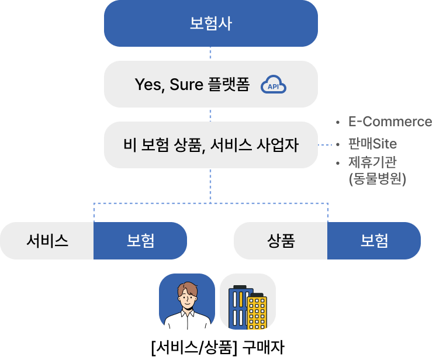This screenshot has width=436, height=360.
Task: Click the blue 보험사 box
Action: [211, 23]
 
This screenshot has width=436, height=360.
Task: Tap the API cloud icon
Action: [274, 84]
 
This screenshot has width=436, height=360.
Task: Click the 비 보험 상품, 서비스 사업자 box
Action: [211, 145]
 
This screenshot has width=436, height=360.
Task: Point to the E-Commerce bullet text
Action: [390, 122]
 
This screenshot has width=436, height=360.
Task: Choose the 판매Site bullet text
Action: [373, 144]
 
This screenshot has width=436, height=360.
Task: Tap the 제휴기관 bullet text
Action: [372, 162]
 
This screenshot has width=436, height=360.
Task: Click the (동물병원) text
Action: [378, 178]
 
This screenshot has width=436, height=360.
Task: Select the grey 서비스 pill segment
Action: [47, 241]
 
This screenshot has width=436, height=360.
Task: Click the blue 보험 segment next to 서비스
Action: [140, 241]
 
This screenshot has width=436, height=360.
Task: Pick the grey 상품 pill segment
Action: [281, 241]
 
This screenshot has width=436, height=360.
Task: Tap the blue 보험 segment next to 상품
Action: [374, 241]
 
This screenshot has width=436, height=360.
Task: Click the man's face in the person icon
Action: [188, 297]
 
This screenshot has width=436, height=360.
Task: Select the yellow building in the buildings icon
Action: [257, 312]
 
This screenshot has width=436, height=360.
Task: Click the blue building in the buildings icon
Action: [238, 307]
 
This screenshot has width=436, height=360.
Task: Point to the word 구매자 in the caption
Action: [264, 347]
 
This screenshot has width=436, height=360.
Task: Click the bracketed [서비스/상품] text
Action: [195, 348]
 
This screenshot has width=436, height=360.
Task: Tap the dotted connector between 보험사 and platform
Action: [210, 54]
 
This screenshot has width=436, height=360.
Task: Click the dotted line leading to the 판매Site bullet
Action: [325, 145]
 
